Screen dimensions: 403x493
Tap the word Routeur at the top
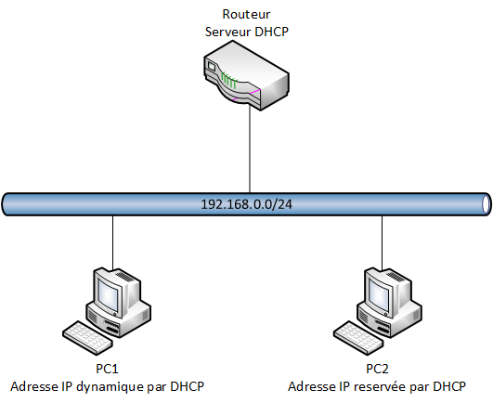point(246,14)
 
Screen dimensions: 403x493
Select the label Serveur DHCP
point(246,31)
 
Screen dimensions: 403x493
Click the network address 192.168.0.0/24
point(247,203)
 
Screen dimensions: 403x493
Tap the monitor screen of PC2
point(379,295)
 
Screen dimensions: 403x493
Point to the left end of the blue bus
point(7,203)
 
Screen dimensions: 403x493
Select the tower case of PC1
point(133,306)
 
